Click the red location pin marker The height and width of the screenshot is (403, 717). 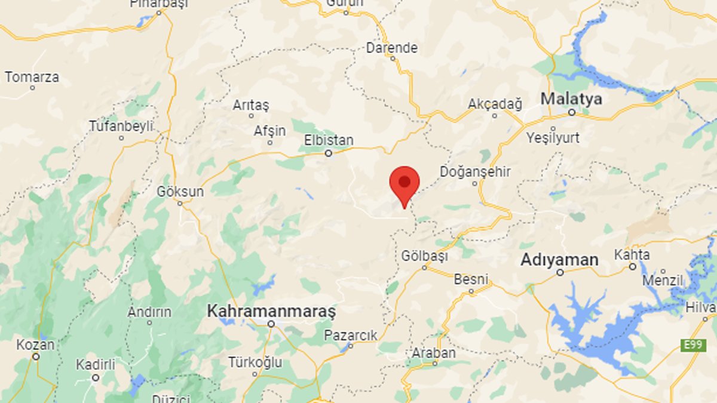[405, 184]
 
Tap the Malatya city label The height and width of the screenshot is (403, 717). [571, 99]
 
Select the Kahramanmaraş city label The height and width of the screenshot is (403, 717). [271, 311]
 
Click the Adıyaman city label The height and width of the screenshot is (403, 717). [559, 260]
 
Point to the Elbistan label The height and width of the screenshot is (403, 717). [329, 140]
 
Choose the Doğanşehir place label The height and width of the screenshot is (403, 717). [475, 172]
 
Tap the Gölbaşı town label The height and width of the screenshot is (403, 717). [424, 256]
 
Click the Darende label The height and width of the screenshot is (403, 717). [392, 48]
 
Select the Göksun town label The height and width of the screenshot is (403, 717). [180, 192]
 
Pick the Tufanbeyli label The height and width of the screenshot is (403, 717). [121, 126]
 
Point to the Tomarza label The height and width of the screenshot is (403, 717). [32, 77]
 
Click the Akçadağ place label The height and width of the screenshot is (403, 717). [495, 104]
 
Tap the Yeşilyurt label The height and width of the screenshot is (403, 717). [553, 138]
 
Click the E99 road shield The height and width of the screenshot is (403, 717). [693, 345]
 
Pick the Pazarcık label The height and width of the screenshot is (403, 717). [351, 336]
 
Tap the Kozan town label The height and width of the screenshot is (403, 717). [35, 345]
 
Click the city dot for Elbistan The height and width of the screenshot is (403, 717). [328, 153]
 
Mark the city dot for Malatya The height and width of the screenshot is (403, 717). [571, 112]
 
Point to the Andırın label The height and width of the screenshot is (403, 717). [149, 312]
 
